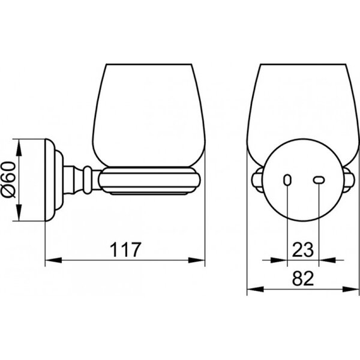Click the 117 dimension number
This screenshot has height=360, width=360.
click(x=125, y=250)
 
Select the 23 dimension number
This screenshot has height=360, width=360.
click(x=302, y=250)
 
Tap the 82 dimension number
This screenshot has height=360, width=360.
click(x=303, y=278)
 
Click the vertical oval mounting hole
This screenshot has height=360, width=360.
click(x=287, y=180)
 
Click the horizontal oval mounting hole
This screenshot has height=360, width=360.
click(x=319, y=180)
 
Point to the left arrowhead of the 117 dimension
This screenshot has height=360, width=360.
click(x=53, y=260)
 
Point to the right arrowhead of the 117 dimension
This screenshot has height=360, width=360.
click(x=197, y=260)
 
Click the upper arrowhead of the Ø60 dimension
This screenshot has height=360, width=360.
click(x=19, y=148)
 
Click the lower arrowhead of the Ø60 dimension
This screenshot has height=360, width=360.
click(x=19, y=212)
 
